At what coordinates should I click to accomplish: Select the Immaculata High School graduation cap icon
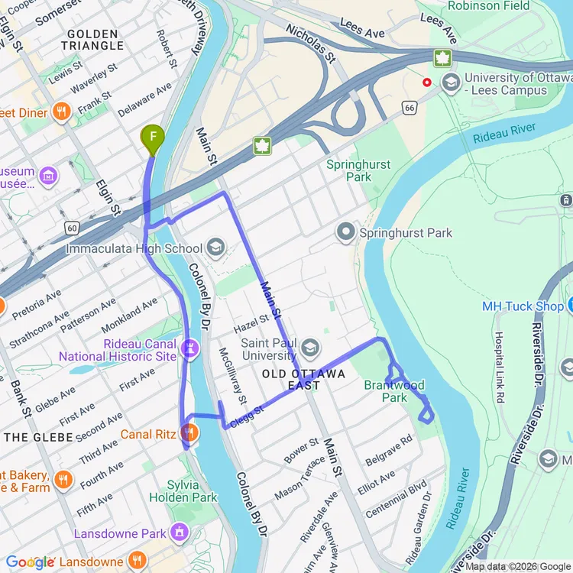(x=215, y=248)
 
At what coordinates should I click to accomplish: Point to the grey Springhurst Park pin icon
(x=347, y=233)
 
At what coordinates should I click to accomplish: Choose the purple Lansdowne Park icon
(x=180, y=529)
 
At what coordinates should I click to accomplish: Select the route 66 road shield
(x=411, y=109)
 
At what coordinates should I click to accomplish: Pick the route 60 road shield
(x=72, y=228)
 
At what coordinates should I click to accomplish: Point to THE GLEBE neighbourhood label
(x=38, y=437)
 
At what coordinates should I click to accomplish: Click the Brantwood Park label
(x=394, y=391)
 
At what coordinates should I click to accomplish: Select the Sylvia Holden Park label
(x=193, y=491)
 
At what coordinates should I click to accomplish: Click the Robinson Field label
(x=488, y=6)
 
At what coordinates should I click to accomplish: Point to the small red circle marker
(x=426, y=83)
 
